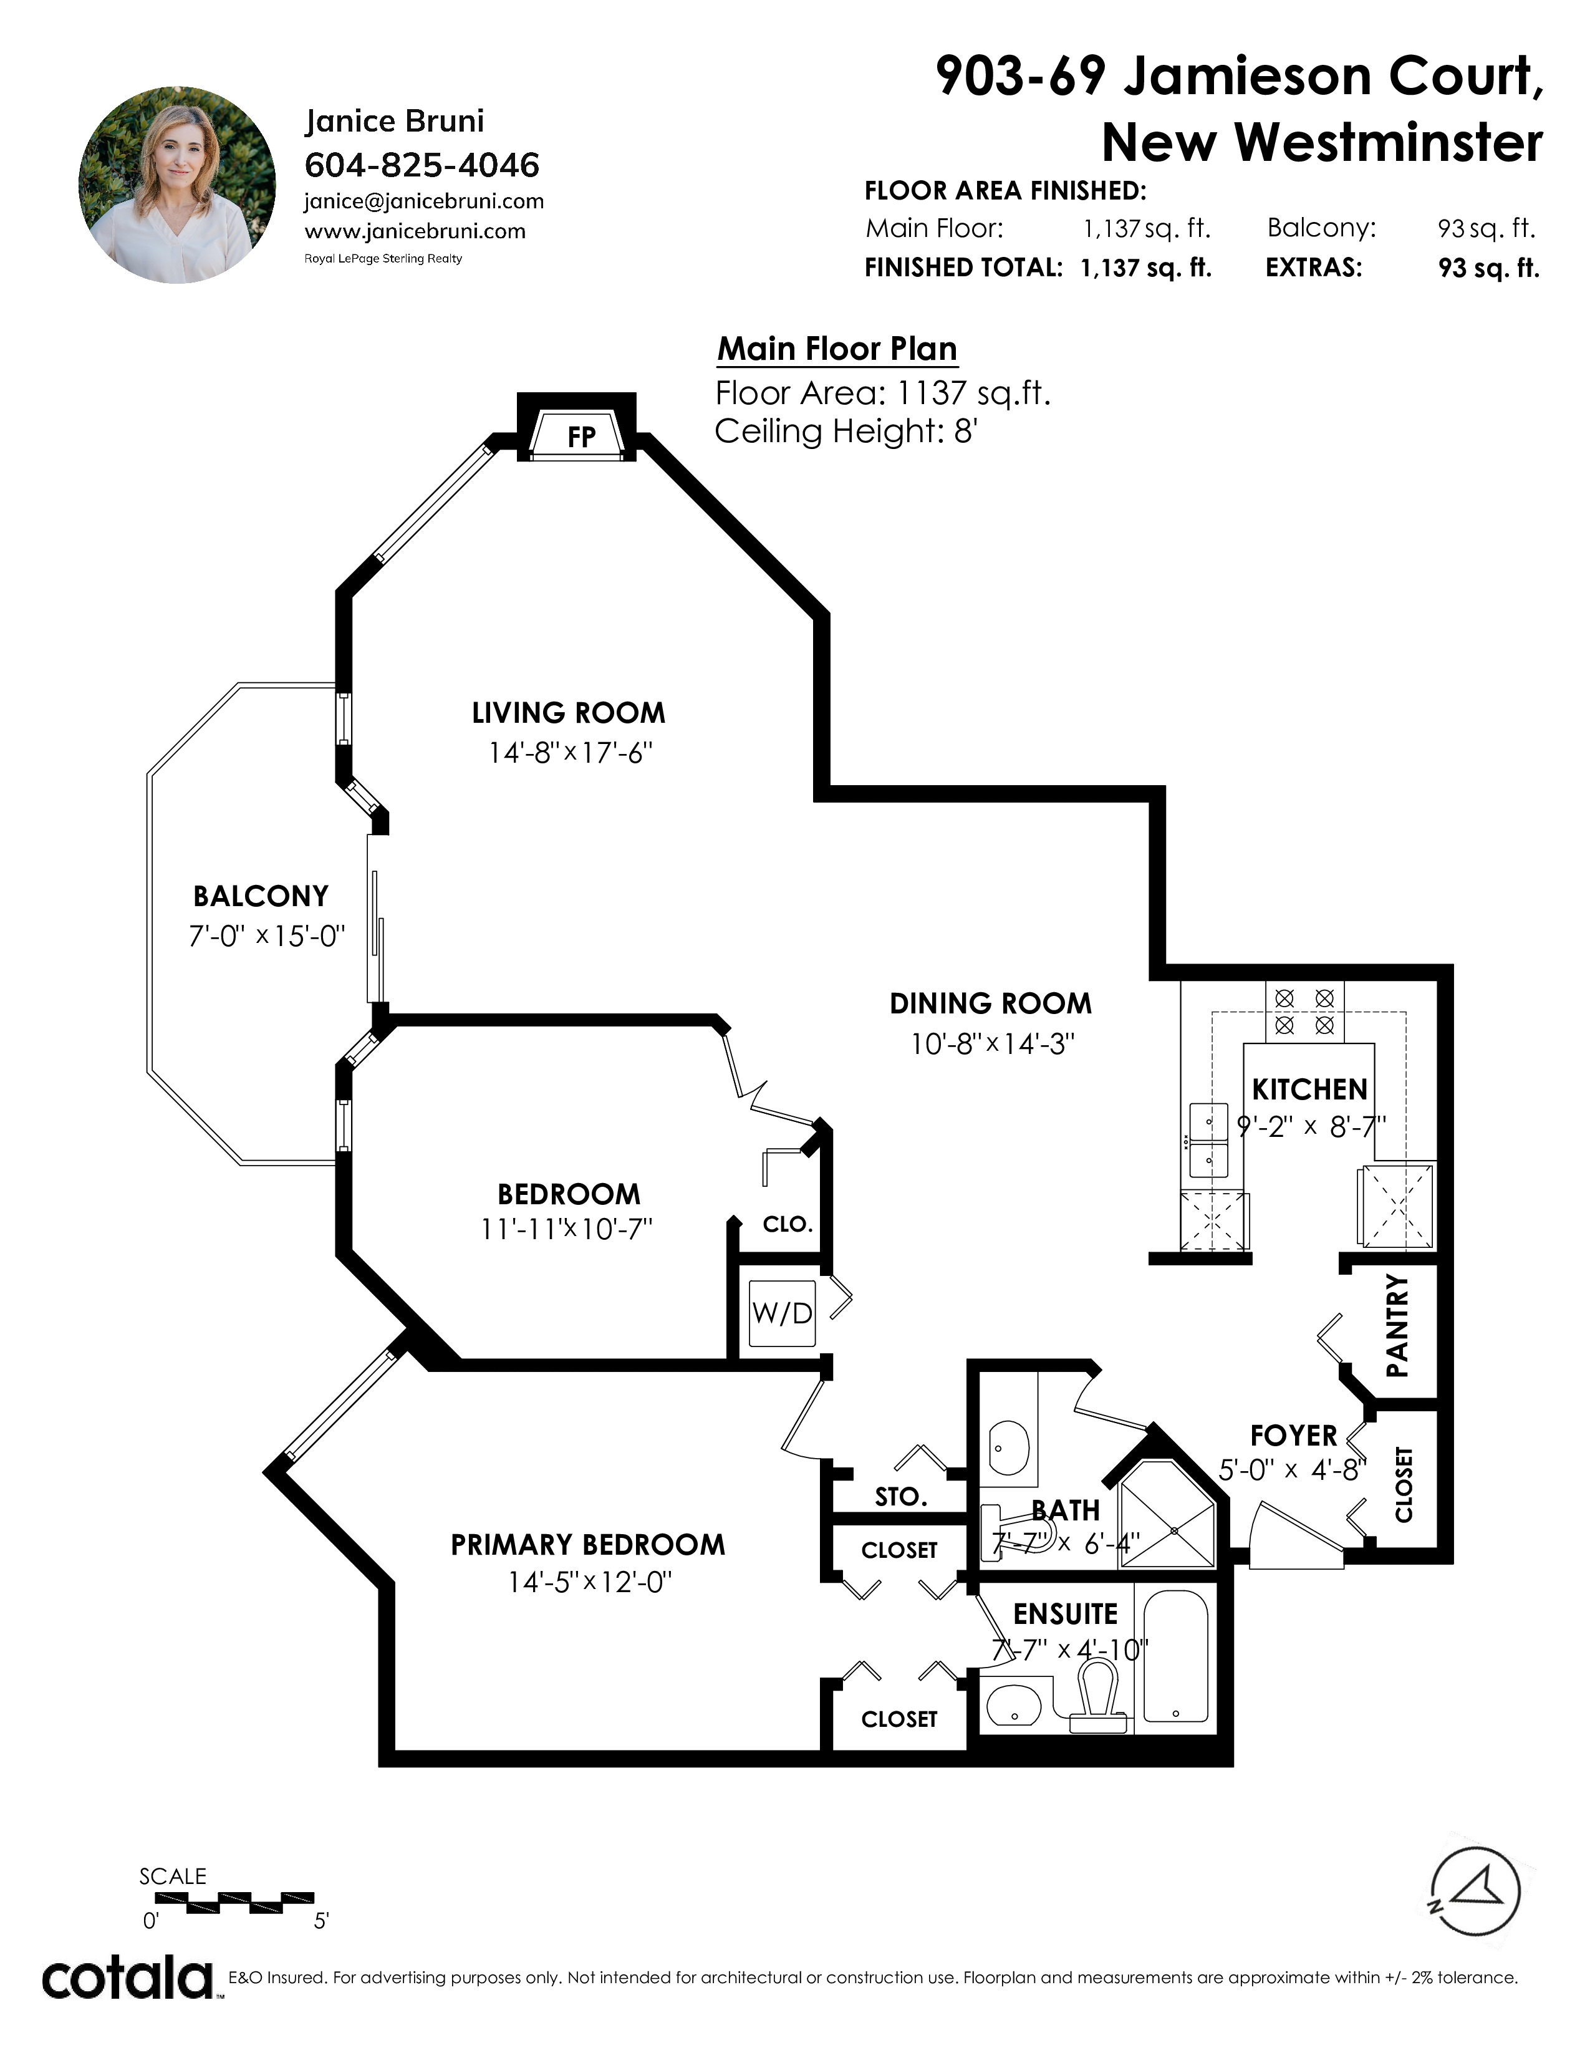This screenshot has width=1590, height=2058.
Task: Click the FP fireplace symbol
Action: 577,433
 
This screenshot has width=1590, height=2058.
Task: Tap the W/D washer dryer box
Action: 782,1313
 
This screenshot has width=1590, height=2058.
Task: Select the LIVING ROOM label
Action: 568,713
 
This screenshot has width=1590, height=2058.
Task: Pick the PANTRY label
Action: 1397,1326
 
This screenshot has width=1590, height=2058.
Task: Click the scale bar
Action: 227,1903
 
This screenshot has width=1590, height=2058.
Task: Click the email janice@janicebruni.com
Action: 424,201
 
